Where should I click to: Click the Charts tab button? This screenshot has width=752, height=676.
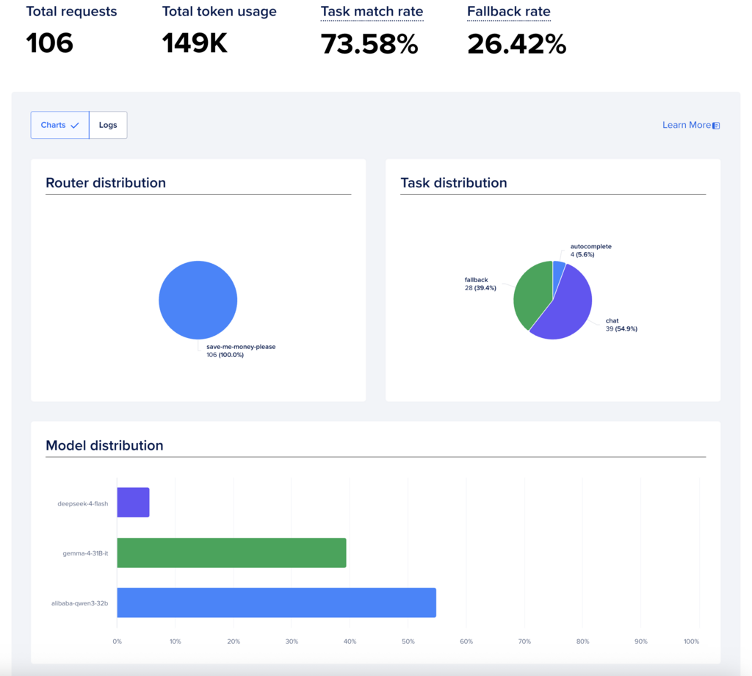60,125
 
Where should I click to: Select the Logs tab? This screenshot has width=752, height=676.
108,125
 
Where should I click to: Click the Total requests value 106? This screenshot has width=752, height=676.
49,43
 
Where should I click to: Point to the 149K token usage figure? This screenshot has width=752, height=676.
194,43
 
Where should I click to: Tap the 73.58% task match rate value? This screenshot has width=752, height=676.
369,44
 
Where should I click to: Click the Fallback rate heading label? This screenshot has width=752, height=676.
509,12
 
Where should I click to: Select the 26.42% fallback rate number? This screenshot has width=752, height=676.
516,44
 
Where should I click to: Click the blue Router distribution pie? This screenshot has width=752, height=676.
198,300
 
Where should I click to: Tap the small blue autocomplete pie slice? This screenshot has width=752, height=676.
558,271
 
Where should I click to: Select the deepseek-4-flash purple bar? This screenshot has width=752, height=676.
134,503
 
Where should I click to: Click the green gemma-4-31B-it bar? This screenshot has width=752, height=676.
231,553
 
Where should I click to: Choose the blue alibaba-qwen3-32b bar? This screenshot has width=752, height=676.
277,603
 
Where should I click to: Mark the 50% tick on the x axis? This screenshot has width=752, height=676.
408,641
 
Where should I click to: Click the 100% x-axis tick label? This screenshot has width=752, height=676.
692,641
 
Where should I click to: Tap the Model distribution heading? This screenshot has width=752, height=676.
104,445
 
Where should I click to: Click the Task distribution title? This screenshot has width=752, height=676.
454,183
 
